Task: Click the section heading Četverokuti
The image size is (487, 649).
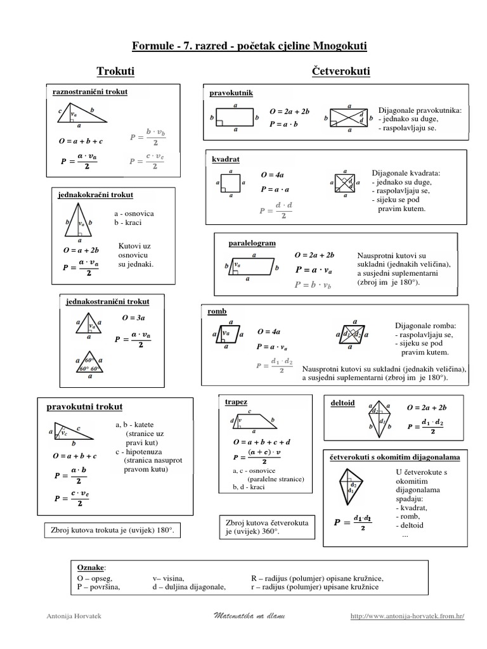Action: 341,70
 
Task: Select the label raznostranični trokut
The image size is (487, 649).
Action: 89,92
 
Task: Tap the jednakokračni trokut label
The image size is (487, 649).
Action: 96,195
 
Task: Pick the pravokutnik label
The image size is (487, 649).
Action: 231,93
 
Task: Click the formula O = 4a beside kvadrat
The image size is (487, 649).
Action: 272,174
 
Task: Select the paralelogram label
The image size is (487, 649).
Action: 252,243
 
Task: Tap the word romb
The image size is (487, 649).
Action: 217,312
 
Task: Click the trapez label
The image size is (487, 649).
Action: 236,402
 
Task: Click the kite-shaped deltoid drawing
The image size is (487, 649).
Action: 379,419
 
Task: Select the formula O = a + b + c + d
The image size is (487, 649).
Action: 261,440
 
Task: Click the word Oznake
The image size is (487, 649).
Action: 91,566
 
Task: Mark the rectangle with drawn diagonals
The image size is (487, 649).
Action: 349,118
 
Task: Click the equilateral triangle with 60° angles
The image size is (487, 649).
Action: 90,364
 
